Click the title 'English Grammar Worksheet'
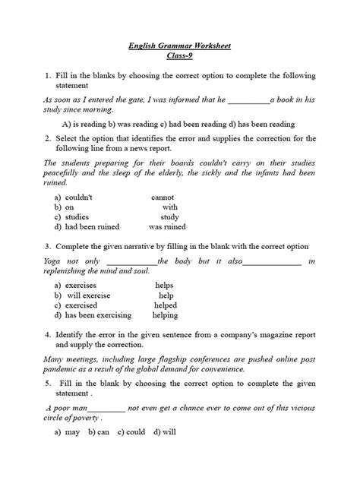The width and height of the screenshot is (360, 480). pos(180,46)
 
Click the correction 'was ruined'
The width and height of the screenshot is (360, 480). pos(167,226)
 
